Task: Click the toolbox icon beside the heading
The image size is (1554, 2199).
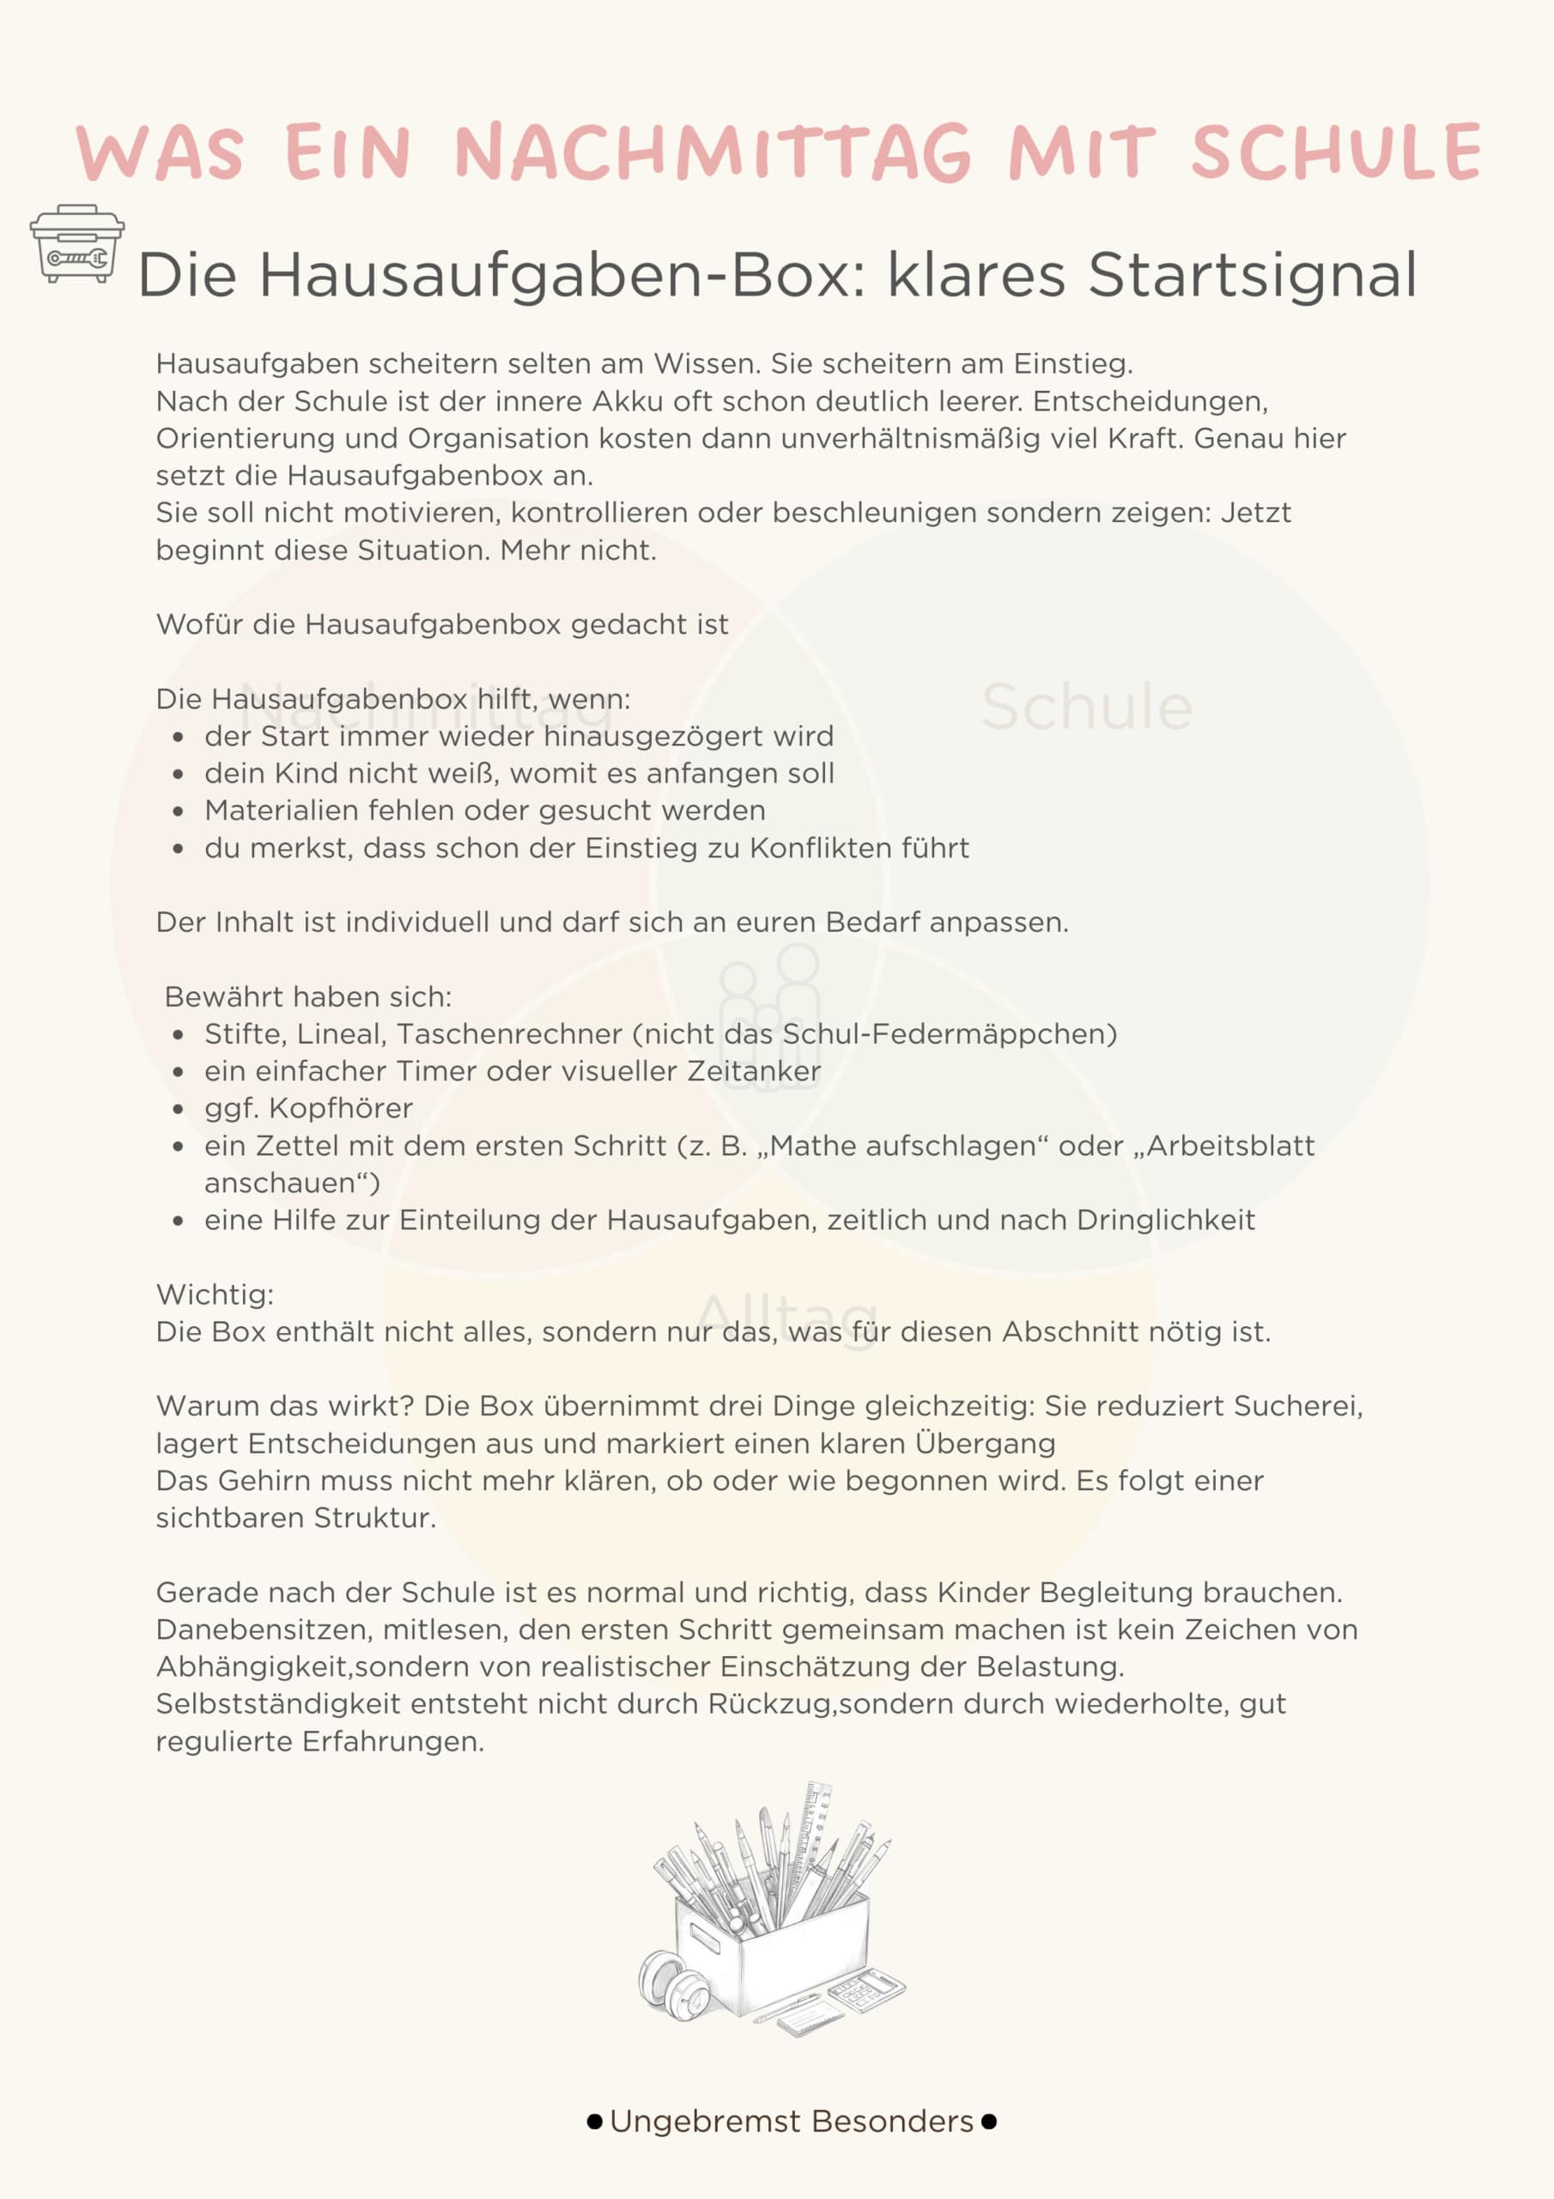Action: [76, 243]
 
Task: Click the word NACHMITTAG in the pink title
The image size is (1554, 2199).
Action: [713, 153]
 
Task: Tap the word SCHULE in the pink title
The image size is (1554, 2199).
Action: [1336, 153]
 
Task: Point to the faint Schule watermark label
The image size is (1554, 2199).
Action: [1087, 708]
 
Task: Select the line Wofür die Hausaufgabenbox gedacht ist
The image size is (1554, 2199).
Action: [442, 624]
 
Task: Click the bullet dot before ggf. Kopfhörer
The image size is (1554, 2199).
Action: [178, 1109]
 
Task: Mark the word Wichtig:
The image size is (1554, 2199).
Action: [215, 1294]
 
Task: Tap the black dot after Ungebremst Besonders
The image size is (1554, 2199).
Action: [989, 2122]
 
